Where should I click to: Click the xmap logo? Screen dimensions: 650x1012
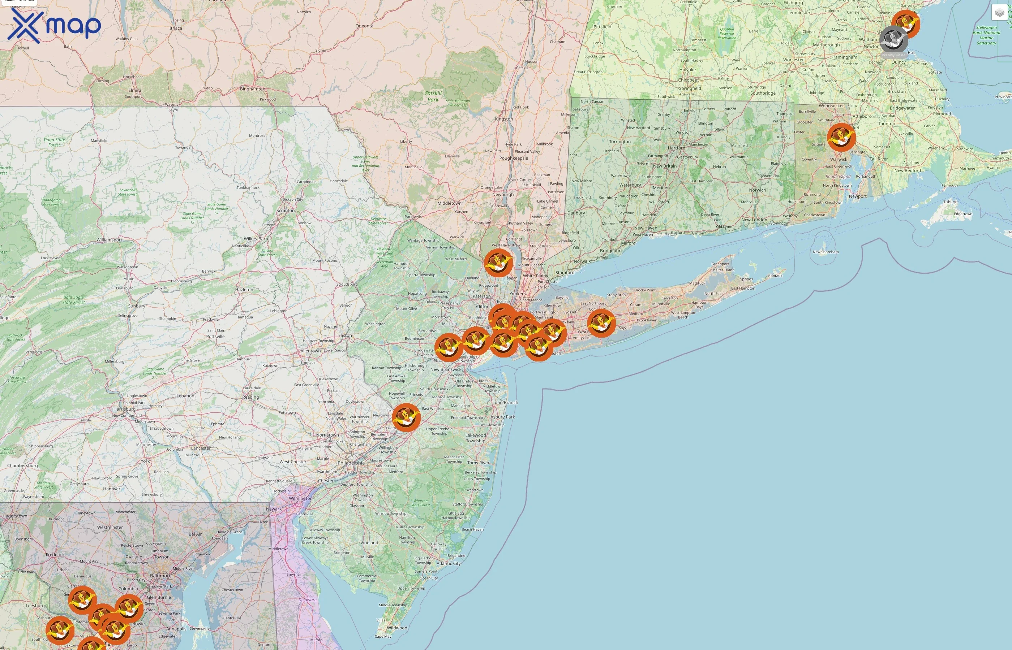pyautogui.click(x=54, y=25)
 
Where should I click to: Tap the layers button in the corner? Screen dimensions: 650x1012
pyautogui.click(x=999, y=13)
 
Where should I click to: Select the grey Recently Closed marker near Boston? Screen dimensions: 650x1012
pyautogui.click(x=893, y=39)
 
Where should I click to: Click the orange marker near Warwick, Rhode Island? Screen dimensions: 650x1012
pyautogui.click(x=841, y=137)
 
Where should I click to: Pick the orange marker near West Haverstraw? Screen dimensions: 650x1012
pyautogui.click(x=498, y=263)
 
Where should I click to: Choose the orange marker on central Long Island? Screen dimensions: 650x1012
pyautogui.click(x=601, y=323)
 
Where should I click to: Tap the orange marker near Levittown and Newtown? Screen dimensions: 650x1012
pyautogui.click(x=406, y=417)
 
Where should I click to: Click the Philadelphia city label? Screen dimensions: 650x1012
pyautogui.click(x=351, y=463)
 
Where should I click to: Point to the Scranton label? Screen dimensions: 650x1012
pyautogui.click(x=286, y=211)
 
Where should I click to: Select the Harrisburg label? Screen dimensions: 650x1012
pyautogui.click(x=124, y=409)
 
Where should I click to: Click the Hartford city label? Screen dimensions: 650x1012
pyautogui.click(x=676, y=148)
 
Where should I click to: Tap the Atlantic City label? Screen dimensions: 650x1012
pyautogui.click(x=449, y=563)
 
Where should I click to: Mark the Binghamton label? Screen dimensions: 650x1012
pyautogui.click(x=253, y=88)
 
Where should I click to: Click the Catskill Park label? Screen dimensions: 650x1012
pyautogui.click(x=433, y=96)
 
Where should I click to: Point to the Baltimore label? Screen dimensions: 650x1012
pyautogui.click(x=160, y=576)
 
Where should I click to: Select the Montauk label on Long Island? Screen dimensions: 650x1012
pyautogui.click(x=775, y=276)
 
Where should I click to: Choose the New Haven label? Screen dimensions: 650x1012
pyautogui.click(x=646, y=228)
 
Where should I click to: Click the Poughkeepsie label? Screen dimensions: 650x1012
pyautogui.click(x=514, y=158)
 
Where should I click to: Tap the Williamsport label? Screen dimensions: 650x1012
pyautogui.click(x=109, y=240)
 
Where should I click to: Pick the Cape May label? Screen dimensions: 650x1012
pyautogui.click(x=383, y=636)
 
